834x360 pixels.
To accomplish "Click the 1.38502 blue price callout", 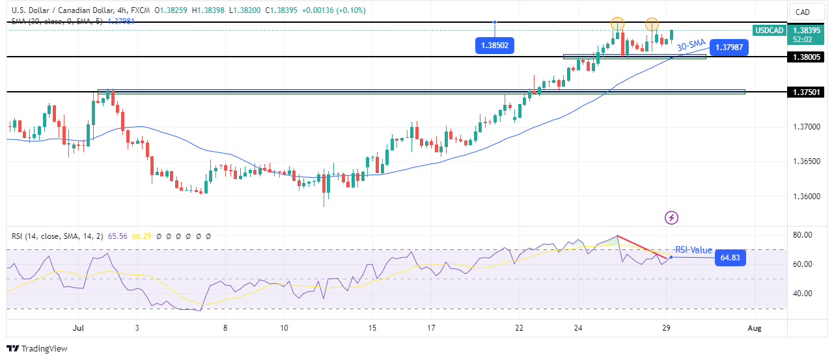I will pyautogui.click(x=494, y=46).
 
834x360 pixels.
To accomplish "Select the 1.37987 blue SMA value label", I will pyautogui.click(x=730, y=47).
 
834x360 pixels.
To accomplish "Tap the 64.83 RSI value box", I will pyautogui.click(x=730, y=258).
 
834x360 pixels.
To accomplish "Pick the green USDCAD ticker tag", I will pyautogui.click(x=768, y=30).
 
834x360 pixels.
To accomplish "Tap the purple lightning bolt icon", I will pyautogui.click(x=671, y=217).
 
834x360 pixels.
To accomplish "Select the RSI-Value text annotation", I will pyautogui.click(x=693, y=250).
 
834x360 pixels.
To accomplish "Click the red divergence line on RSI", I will pyautogui.click(x=642, y=247).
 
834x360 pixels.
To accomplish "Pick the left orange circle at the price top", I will pyautogui.click(x=618, y=24).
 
